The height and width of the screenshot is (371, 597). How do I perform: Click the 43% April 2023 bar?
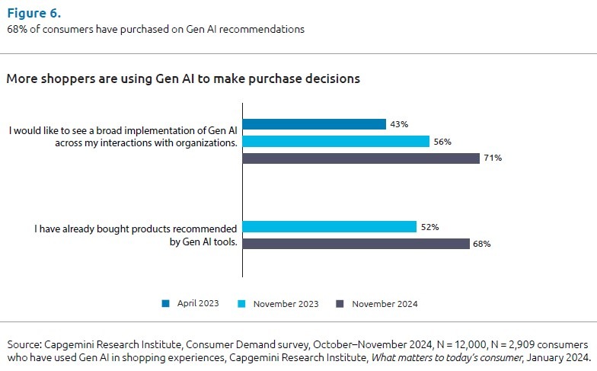pyautogui.click(x=314, y=124)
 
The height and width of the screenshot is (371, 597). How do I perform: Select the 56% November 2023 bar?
pyautogui.click(x=335, y=141)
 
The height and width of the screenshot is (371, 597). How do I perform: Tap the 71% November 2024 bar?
pyautogui.click(x=361, y=158)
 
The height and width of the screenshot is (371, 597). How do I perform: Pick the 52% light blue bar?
pyautogui.click(x=329, y=227)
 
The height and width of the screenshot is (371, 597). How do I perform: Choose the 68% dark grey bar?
pyautogui.click(x=356, y=244)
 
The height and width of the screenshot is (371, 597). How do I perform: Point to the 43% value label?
pyautogui.click(x=399, y=124)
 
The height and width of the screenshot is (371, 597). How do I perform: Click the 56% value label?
pyautogui.click(x=442, y=141)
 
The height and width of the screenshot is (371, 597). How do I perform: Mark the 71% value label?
pyautogui.click(x=491, y=158)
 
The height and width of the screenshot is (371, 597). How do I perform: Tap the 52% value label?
pyautogui.click(x=429, y=227)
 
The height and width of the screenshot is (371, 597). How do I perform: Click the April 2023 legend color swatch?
pyautogui.click(x=166, y=303)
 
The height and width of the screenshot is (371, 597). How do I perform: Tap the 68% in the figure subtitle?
pyautogui.click(x=16, y=29)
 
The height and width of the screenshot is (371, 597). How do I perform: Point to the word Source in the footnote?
pyautogui.click(x=24, y=345)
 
